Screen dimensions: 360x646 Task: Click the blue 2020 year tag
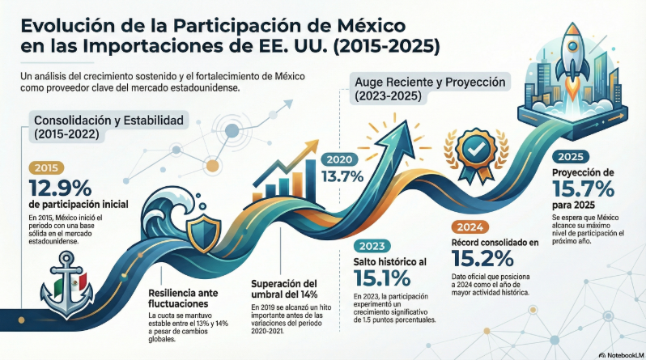[x=339, y=159]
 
